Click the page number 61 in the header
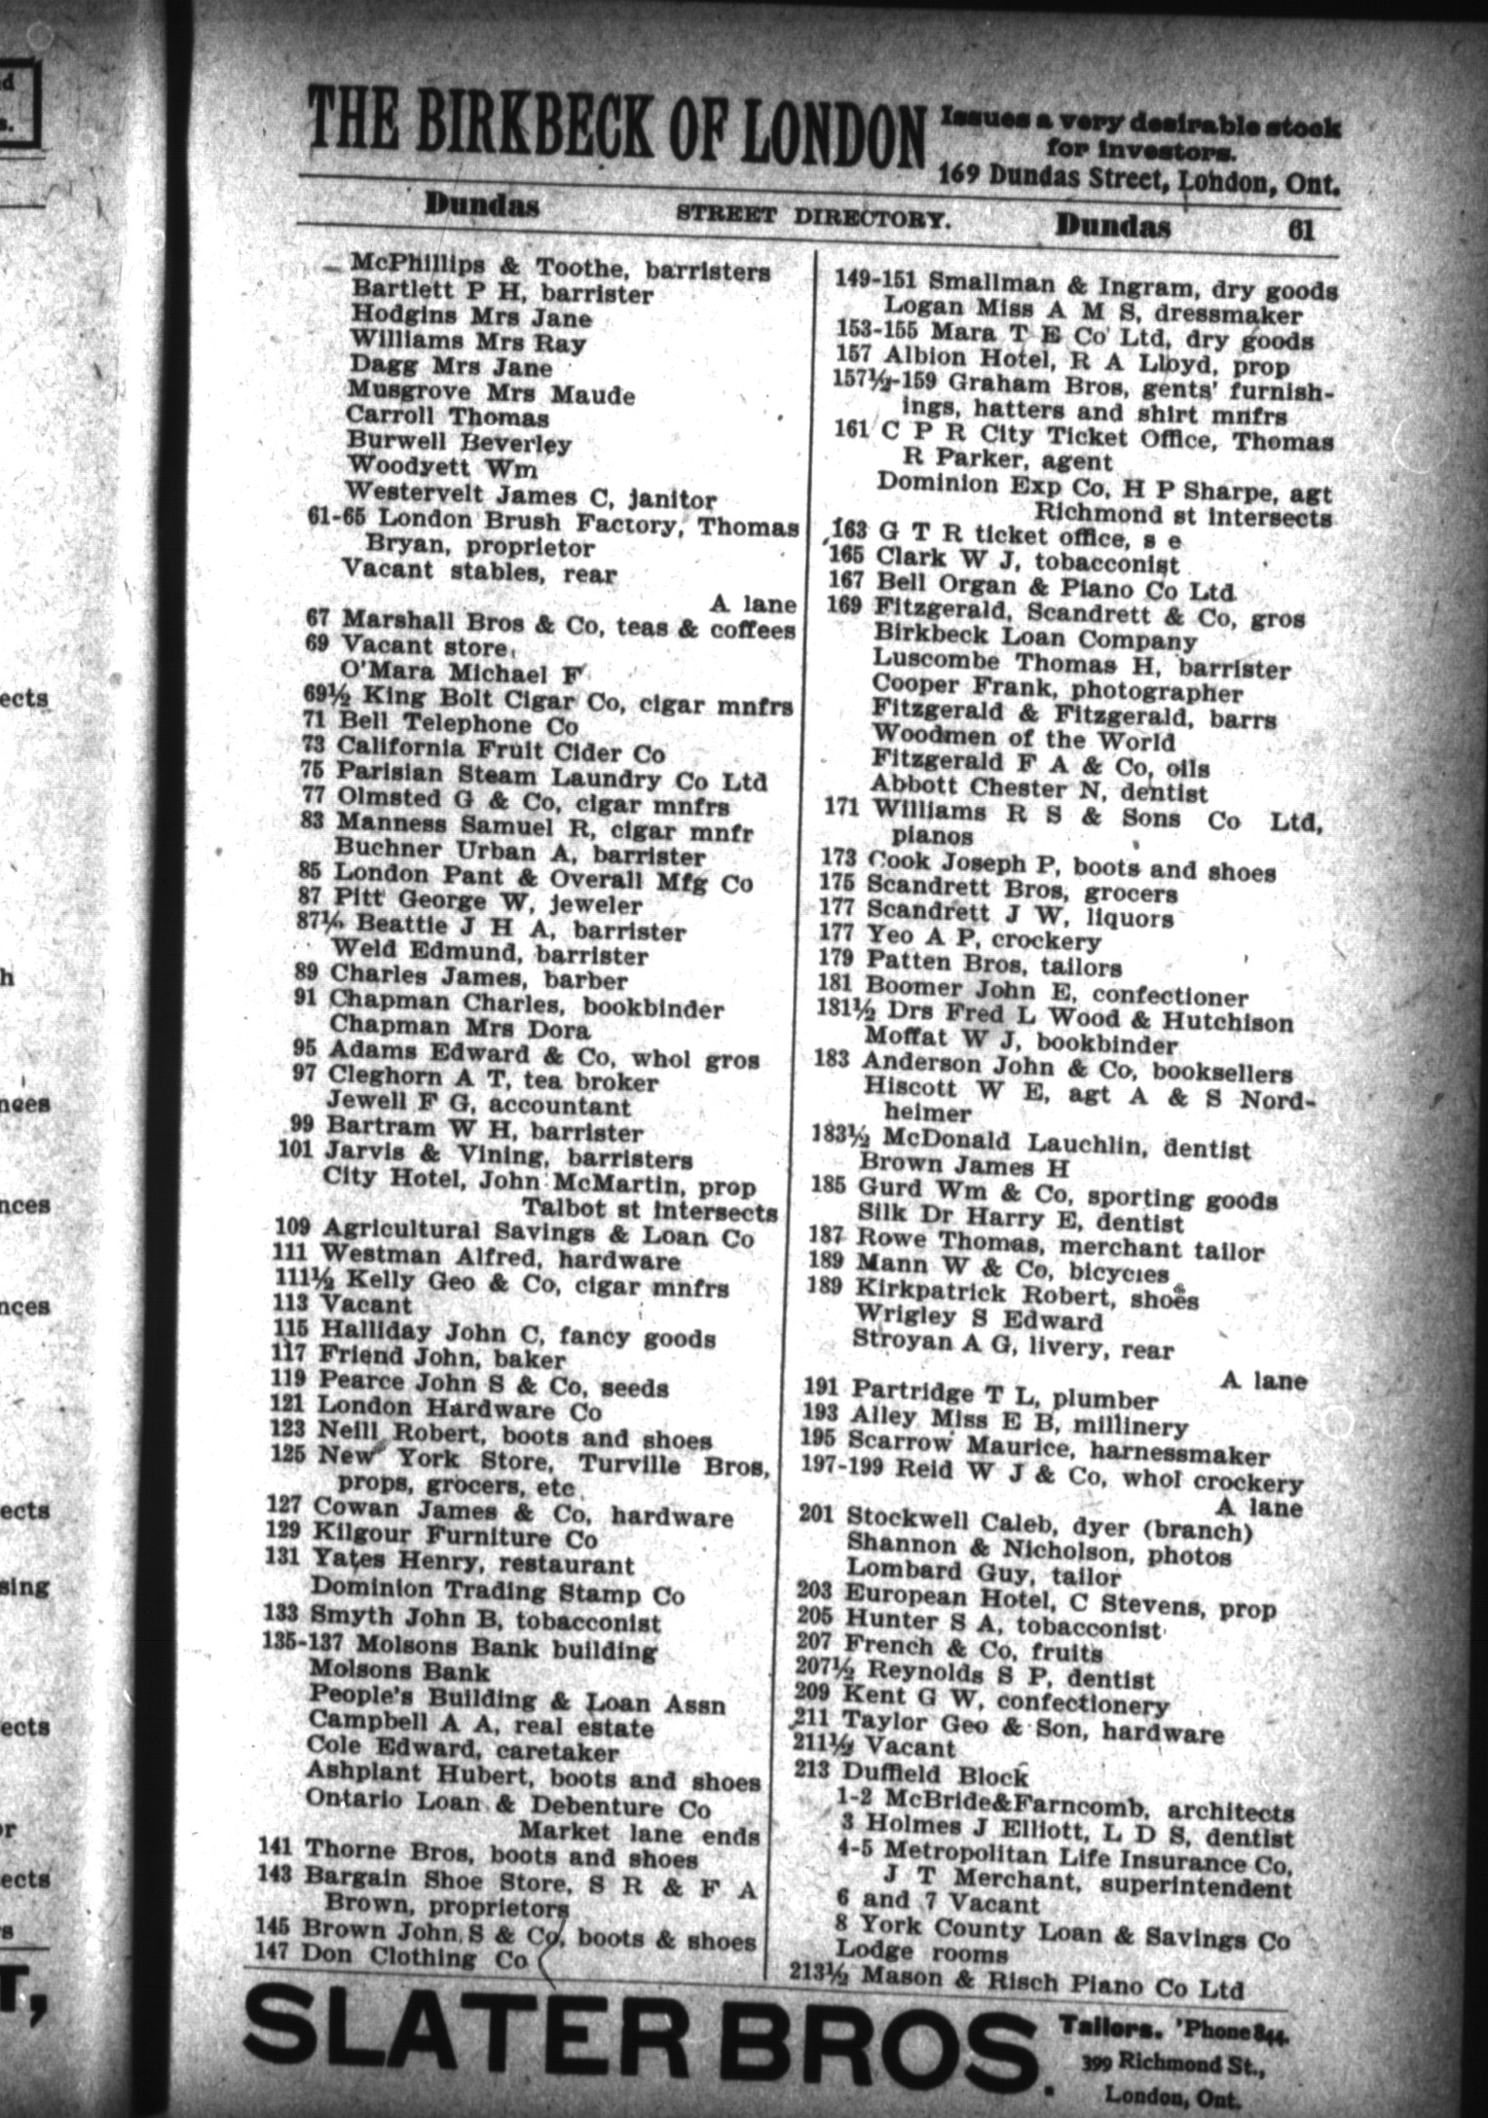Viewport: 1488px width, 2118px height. (1300, 229)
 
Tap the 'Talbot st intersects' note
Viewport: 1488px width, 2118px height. (651, 1213)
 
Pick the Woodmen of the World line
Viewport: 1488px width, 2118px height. (1023, 738)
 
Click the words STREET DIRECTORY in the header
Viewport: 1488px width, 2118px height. (812, 218)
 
